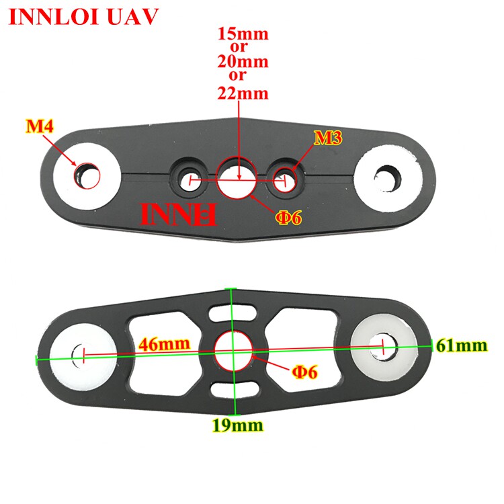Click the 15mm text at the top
click(x=242, y=34)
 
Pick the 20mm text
click(x=242, y=62)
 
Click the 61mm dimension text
click(x=461, y=346)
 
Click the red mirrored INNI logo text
click(x=177, y=214)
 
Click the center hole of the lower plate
click(x=233, y=349)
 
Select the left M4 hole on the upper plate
click(x=87, y=175)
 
